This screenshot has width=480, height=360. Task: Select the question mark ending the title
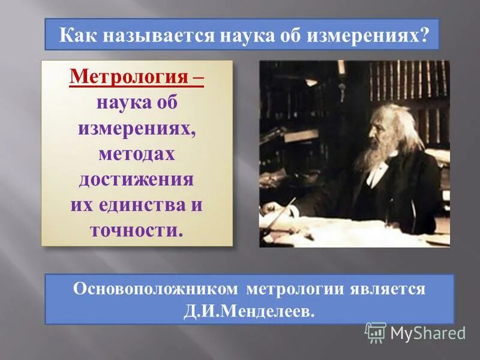click(425, 35)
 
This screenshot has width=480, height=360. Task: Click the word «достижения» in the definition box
click(136, 179)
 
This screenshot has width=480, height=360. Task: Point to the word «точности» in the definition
click(134, 230)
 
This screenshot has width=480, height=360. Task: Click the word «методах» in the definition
click(137, 154)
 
